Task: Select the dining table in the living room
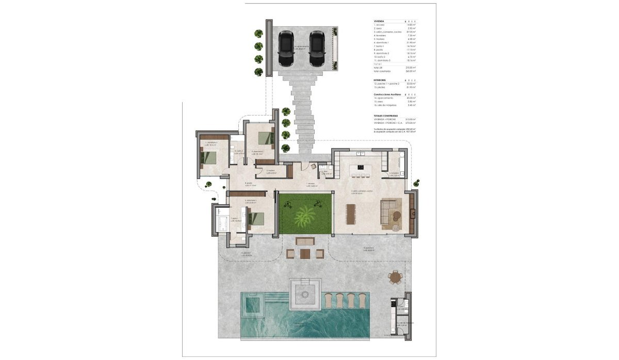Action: (351, 214)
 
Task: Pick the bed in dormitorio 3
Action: (209, 154)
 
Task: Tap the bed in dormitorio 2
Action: (264, 138)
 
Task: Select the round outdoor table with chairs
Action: (396, 278)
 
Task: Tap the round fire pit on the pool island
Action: (305, 294)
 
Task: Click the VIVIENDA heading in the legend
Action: (379, 21)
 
